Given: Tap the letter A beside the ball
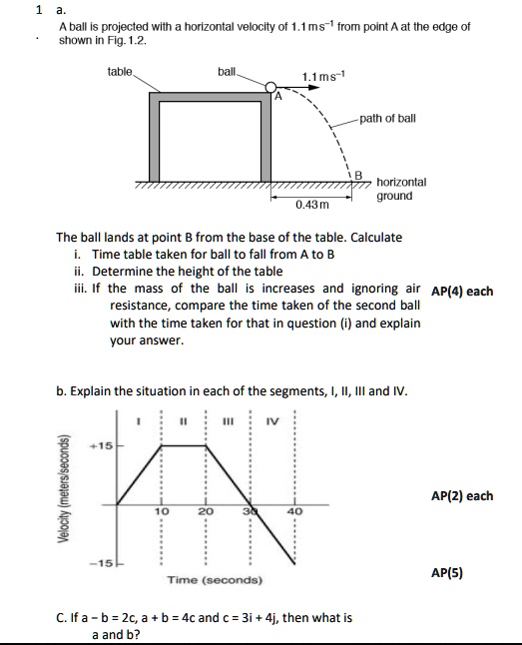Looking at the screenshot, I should pyautogui.click(x=279, y=97).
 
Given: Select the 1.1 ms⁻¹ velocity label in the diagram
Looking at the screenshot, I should pyautogui.click(x=320, y=77).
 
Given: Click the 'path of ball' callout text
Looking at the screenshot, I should pyautogui.click(x=387, y=118).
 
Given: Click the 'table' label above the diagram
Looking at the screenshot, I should pyautogui.click(x=120, y=71).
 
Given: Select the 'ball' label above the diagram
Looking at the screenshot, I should pyautogui.click(x=228, y=71).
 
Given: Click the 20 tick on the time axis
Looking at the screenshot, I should pyautogui.click(x=206, y=511).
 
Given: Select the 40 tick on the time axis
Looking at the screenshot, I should pyautogui.click(x=293, y=511).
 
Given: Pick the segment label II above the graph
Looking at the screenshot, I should pyautogui.click(x=184, y=420).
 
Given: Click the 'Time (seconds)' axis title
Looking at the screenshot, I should pyautogui.click(x=215, y=580).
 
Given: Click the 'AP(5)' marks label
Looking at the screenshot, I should pyautogui.click(x=447, y=574).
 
